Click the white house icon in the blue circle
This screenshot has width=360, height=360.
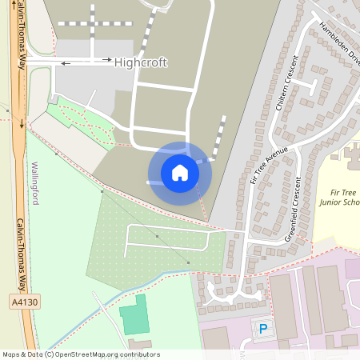pos(180,173)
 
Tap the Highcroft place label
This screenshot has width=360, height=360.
pos(141,62)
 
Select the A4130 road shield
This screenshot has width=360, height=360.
pos(25,302)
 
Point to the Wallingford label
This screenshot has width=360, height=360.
pos(35,182)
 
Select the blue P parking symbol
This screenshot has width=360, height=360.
pos(262,328)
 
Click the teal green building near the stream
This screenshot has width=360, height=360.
pos(135,317)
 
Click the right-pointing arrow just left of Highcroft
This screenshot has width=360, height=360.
pos(105,59)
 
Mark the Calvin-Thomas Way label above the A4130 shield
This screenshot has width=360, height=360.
pos(22,254)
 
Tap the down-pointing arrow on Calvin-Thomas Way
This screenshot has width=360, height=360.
pos(22,124)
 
